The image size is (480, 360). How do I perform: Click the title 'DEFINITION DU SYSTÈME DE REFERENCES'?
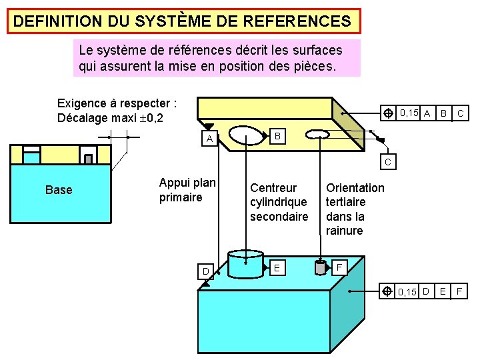[x=181, y=21]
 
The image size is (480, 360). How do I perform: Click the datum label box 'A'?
[x=209, y=139]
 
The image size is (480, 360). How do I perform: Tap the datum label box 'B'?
[x=279, y=137]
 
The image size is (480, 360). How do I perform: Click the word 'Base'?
[x=59, y=190]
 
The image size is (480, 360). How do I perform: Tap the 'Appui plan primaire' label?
[x=187, y=190]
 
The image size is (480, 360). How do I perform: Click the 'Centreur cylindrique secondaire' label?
[x=279, y=202]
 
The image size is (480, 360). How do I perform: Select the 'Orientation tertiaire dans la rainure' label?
[x=355, y=209]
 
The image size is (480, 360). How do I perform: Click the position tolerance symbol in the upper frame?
[x=387, y=113]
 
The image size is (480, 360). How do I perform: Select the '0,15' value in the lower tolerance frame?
[x=406, y=291]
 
